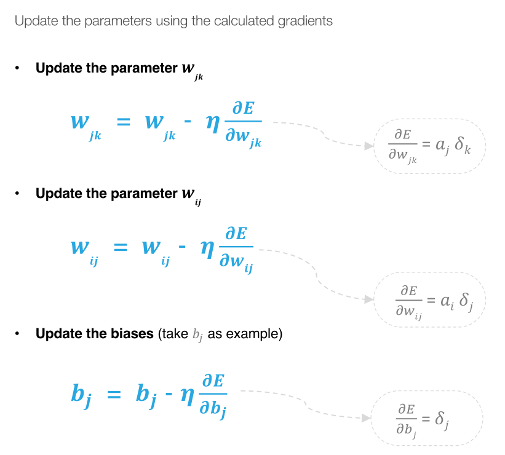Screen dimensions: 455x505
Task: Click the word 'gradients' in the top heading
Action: (303, 21)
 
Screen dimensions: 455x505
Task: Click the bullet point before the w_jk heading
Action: (18, 68)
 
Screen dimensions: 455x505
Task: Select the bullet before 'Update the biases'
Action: (18, 334)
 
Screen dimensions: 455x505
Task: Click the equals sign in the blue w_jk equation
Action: (124, 122)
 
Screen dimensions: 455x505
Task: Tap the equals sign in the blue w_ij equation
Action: (121, 247)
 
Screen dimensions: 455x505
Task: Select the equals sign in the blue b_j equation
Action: (115, 394)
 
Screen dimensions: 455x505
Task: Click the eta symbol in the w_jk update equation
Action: (213, 122)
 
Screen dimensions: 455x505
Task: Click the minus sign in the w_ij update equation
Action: (182, 247)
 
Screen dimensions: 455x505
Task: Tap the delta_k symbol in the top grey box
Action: (463, 148)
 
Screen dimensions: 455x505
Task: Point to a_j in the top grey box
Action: (440, 148)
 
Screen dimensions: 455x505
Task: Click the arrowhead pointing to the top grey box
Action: (368, 146)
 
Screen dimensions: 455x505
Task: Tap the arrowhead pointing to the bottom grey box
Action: (367, 418)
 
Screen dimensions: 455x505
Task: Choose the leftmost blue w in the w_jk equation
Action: (79, 121)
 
